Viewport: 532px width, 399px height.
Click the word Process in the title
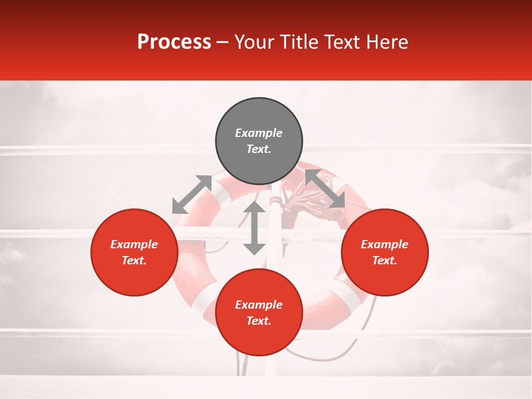click(x=174, y=42)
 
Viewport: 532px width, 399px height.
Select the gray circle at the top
click(x=259, y=141)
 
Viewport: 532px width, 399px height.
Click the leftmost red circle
click(x=134, y=252)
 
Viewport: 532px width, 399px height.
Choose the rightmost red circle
click(x=385, y=252)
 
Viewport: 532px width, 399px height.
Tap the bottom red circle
click(x=259, y=313)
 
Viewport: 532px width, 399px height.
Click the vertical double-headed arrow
click(x=254, y=228)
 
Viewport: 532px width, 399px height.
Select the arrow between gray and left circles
click(x=192, y=195)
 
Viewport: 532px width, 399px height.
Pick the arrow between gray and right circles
click(x=325, y=188)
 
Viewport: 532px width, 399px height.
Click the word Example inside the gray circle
click(x=259, y=133)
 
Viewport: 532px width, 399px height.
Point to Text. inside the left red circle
click(x=134, y=261)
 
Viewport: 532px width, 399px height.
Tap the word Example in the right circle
click(x=385, y=244)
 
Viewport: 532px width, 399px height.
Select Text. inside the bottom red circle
click(x=259, y=321)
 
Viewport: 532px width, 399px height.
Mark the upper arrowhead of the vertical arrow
click(x=254, y=208)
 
